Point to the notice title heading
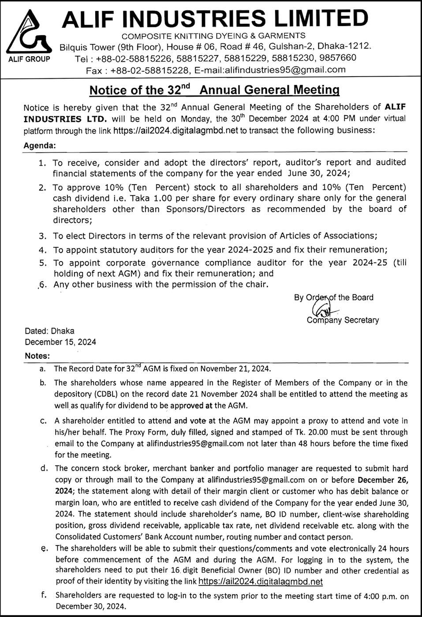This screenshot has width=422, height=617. [x=214, y=90]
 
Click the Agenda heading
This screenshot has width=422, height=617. [x=40, y=145]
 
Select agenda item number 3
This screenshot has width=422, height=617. [x=42, y=236]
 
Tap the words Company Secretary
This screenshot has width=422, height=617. [x=343, y=320]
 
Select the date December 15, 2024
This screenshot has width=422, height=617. [x=60, y=342]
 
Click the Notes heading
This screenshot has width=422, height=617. [x=37, y=356]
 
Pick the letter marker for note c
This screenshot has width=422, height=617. [x=43, y=421]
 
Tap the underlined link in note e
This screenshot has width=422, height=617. [x=261, y=582]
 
